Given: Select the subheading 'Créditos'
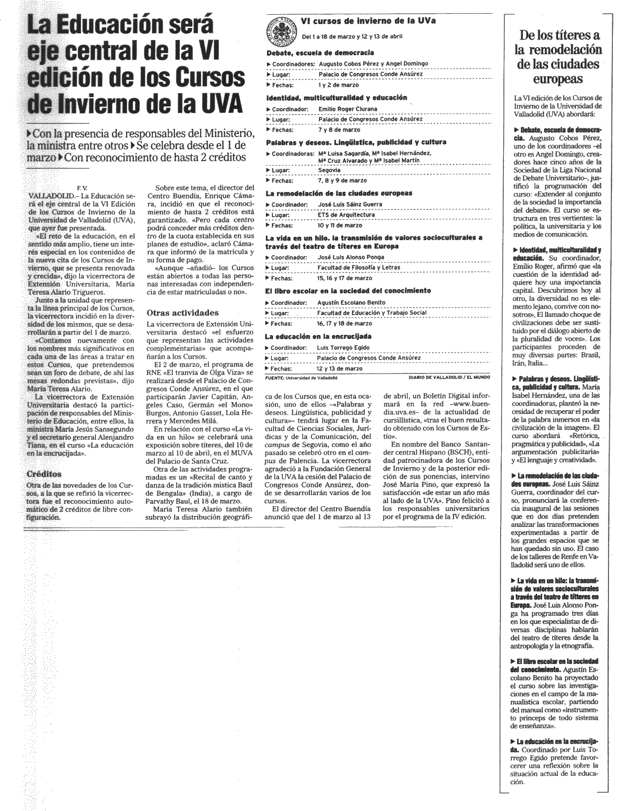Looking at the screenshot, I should pyautogui.click(x=44, y=474).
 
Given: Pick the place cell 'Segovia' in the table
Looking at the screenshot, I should pyautogui.click(x=328, y=170).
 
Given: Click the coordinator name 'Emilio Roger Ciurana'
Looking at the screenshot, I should pyautogui.click(x=348, y=109).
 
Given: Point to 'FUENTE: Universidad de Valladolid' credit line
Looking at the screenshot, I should pyautogui.click(x=301, y=378).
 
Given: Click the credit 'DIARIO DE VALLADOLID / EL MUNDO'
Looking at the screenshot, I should pyautogui.click(x=448, y=378).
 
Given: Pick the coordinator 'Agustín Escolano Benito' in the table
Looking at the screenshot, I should pyautogui.click(x=352, y=302).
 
